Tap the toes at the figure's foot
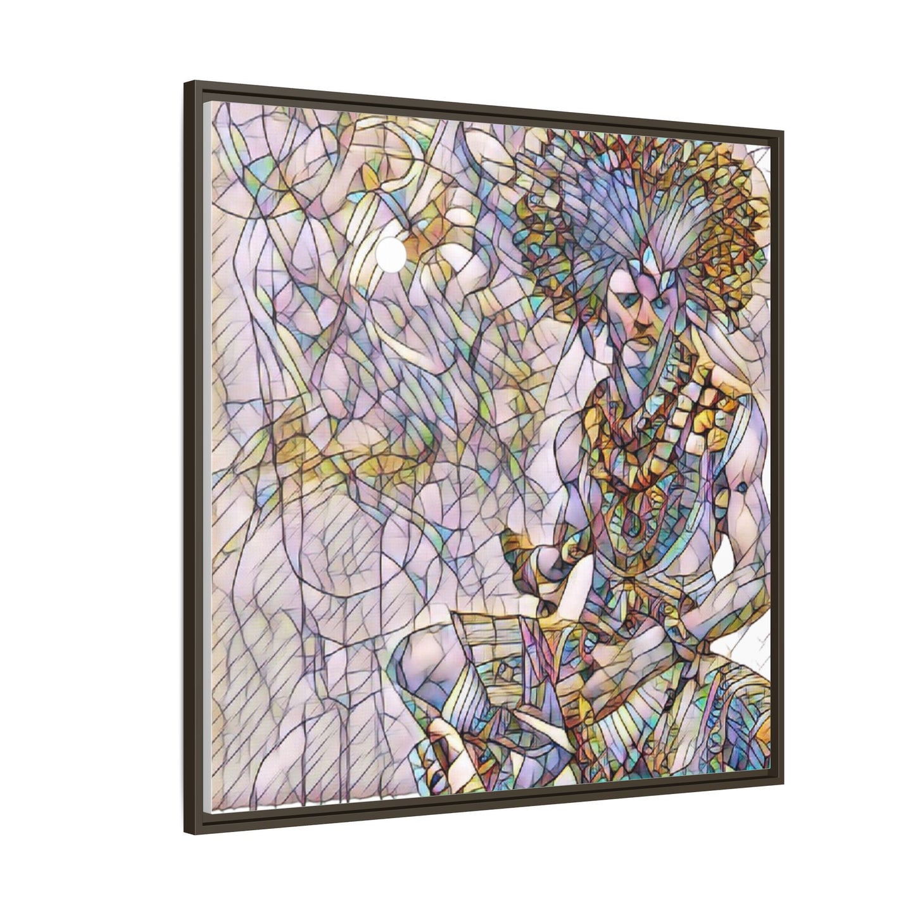coord(443,760)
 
